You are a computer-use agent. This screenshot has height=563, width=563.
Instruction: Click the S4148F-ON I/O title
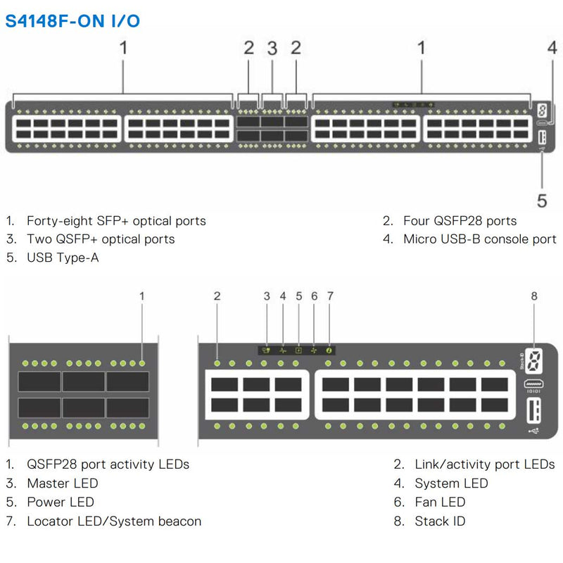73,20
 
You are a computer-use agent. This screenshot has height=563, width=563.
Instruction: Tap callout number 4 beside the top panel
552,48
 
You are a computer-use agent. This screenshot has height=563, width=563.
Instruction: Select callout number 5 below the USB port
542,201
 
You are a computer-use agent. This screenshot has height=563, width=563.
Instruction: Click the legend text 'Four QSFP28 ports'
460,221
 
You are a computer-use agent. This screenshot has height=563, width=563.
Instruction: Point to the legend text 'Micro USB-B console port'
479,239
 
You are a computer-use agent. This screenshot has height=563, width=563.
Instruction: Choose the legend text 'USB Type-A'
63,258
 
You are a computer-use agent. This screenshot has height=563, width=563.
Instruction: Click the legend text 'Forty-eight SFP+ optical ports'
116,221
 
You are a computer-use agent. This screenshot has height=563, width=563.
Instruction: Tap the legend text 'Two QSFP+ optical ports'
101,239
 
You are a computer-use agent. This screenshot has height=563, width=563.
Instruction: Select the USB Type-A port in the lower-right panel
531,409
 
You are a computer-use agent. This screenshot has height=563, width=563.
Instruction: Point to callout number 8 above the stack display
534,296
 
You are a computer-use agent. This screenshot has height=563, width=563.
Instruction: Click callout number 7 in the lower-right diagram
330,296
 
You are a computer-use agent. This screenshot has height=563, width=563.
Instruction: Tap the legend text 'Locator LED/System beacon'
114,521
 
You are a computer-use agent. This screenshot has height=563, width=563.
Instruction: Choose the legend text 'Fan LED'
440,502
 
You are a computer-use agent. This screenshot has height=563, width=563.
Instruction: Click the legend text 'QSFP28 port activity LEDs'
108,464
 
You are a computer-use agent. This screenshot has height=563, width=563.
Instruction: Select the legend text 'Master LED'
63,483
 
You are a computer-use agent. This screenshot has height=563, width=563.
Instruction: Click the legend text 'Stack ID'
440,521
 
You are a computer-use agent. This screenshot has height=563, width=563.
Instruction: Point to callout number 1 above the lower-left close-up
142,296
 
